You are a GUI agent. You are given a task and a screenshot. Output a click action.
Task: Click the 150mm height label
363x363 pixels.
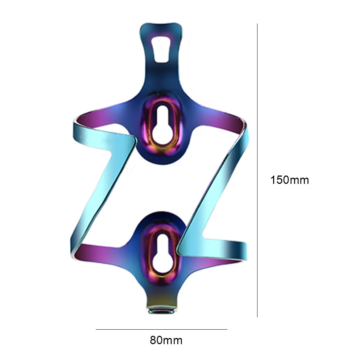[x=289, y=180]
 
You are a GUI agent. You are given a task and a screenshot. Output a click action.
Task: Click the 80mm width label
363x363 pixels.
[x=166, y=341]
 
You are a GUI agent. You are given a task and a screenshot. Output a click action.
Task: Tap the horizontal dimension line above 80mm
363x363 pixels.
[x=161, y=329]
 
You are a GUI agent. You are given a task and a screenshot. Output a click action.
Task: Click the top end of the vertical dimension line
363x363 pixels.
[x=257, y=24]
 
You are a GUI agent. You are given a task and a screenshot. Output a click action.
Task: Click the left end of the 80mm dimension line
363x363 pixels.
[x=96, y=329]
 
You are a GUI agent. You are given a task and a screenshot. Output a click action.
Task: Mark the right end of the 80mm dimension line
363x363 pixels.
[x=227, y=329]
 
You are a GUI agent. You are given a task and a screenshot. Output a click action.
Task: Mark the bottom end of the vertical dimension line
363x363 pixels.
[x=257, y=317]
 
